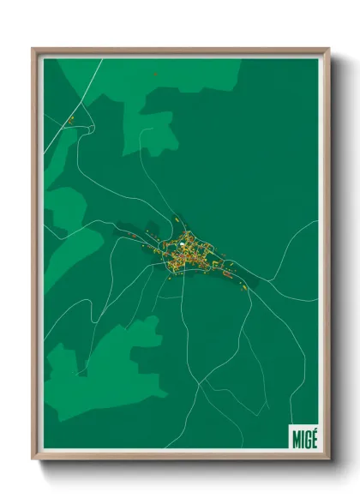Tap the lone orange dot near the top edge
155,75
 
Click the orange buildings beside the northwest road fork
72,119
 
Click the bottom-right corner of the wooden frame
328,459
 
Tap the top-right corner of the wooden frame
328,50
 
